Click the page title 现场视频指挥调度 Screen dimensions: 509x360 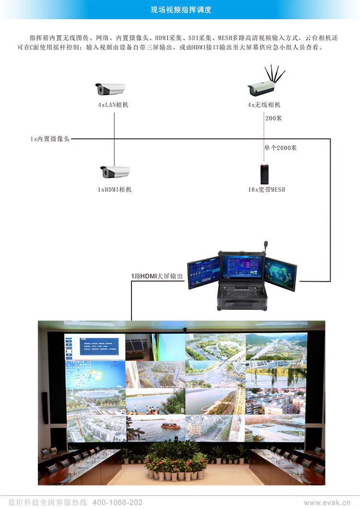click(180, 10)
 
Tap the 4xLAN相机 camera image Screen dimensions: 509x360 click(110, 89)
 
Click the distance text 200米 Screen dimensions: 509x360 click(273, 118)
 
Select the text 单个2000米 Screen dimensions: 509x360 click(280, 148)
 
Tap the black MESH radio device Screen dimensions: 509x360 click(264, 173)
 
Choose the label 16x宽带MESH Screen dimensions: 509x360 click(266, 189)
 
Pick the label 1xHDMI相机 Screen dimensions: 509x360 click(115, 189)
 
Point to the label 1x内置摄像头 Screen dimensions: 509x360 click(50, 139)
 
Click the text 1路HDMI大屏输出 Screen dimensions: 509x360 click(157, 276)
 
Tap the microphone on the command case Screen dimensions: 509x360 click(266, 247)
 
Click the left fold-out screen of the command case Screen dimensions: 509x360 click(204, 272)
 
